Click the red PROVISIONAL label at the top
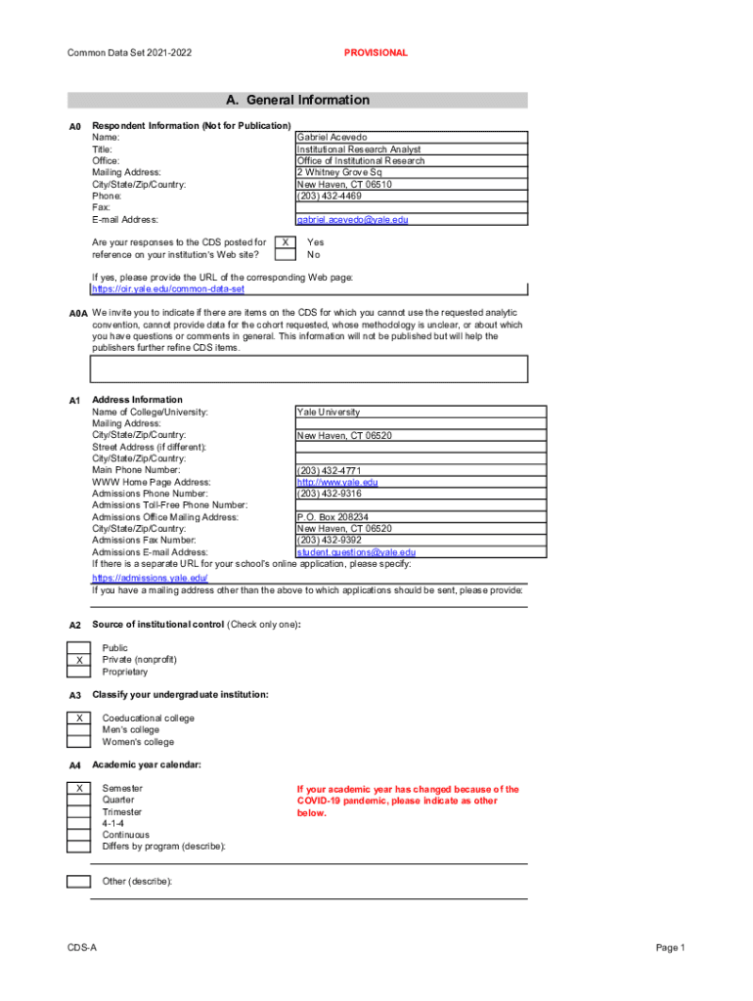[376, 53]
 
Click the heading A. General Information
[297, 100]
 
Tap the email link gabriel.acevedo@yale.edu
[352, 220]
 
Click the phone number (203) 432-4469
[329, 196]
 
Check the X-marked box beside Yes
[285, 241]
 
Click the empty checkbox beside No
[285, 254]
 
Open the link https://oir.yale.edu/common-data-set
[168, 289]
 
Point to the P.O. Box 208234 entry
[332, 517]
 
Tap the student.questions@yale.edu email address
[356, 552]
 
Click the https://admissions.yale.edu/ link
[150, 578]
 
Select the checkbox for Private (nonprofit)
[78, 660]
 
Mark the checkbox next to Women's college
[78, 742]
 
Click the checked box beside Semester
[78, 788]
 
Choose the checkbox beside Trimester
[78, 811]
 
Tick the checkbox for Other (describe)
[78, 882]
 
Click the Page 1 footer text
[671, 948]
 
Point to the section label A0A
[79, 314]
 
